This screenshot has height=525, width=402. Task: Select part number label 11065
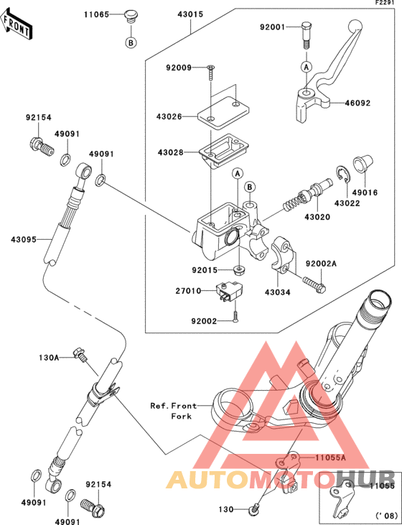(96, 14)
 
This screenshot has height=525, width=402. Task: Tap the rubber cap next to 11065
(131, 17)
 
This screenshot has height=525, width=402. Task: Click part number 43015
(191, 14)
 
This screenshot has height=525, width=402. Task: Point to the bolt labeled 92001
(307, 35)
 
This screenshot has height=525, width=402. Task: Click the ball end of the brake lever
(355, 25)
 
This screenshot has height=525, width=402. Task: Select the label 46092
(357, 103)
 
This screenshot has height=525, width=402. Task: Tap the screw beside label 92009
(210, 73)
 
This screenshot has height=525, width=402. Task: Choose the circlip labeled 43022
(342, 174)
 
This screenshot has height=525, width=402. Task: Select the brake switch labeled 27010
(230, 291)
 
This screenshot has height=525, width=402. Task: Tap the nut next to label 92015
(238, 269)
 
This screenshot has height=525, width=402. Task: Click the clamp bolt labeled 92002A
(314, 284)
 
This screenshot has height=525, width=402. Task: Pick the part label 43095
(24, 240)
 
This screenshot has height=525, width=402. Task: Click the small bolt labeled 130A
(80, 355)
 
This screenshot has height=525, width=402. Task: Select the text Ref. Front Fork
(174, 411)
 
